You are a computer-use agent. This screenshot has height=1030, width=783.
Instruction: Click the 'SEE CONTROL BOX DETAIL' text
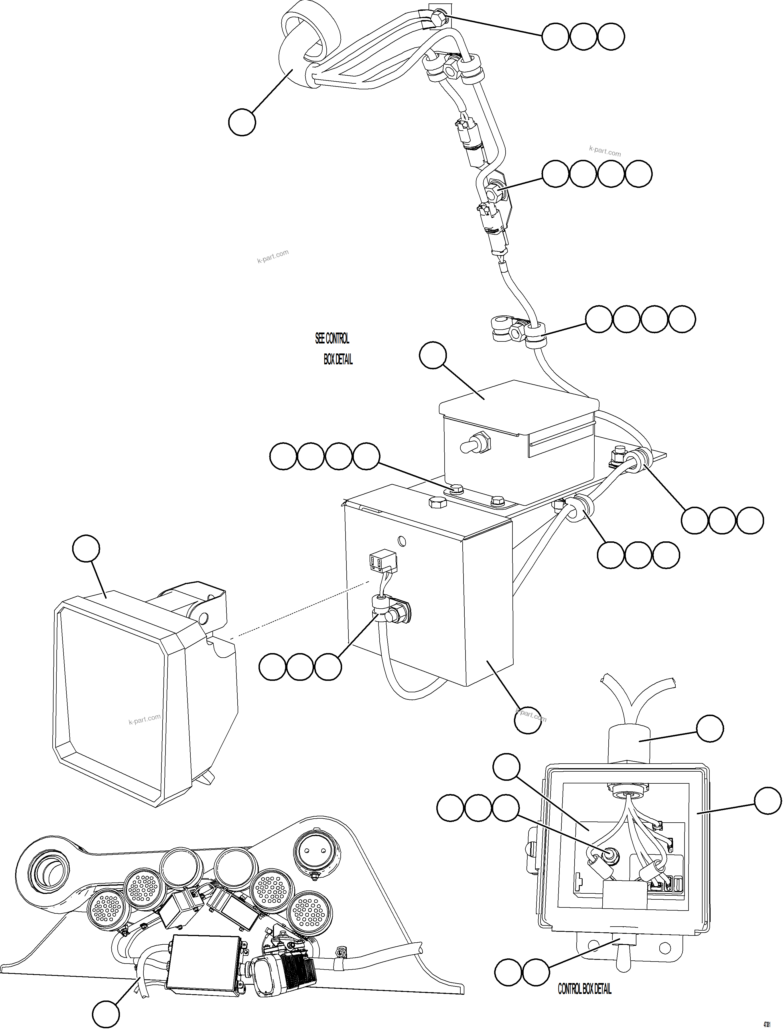point(334,349)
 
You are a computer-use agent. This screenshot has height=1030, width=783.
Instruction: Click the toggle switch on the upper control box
point(474,443)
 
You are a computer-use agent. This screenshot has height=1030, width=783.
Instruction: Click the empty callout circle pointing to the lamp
point(86,549)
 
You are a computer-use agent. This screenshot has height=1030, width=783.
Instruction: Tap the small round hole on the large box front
point(401,541)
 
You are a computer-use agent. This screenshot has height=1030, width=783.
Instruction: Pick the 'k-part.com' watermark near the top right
point(605,152)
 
